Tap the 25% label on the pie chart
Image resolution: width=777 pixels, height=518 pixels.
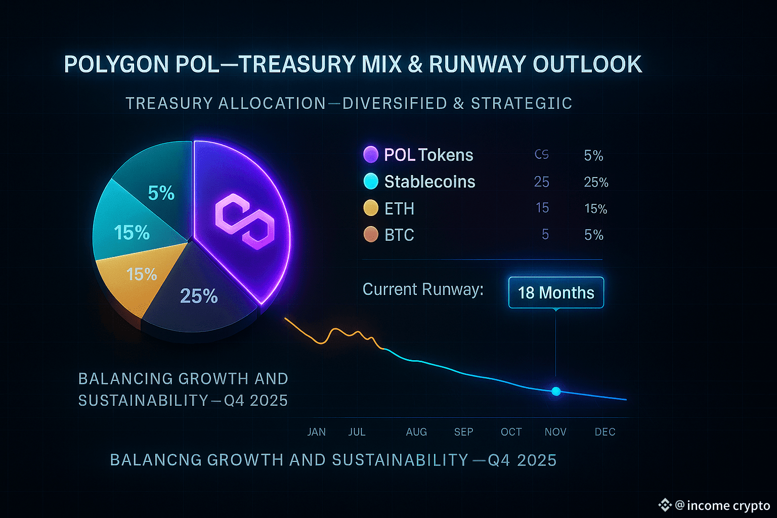[x=199, y=296]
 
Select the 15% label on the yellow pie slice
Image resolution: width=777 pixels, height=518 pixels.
[x=142, y=274]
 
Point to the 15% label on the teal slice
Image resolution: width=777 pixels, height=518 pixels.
[x=132, y=233]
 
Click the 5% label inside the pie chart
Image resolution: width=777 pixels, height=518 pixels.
[x=161, y=193]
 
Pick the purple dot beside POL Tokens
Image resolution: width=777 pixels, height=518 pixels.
[x=371, y=154]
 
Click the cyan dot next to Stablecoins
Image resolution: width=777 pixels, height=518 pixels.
[x=371, y=181]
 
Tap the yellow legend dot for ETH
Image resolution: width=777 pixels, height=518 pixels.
[x=371, y=208]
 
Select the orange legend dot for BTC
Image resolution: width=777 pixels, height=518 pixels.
[x=371, y=234]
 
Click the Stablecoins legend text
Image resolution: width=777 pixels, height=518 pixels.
[x=429, y=182]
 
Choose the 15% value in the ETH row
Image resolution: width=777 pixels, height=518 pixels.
[x=595, y=208]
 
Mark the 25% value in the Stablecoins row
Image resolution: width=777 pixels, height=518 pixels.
[x=596, y=182]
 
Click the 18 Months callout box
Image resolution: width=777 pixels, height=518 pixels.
[x=556, y=292]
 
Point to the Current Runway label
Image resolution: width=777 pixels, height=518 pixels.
[x=423, y=289]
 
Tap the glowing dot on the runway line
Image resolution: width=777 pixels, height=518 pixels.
[x=556, y=391]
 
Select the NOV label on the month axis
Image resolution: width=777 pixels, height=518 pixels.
[x=555, y=432]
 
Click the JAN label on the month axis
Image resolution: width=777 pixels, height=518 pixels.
[x=317, y=432]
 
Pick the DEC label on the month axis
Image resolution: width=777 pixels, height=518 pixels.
[x=605, y=432]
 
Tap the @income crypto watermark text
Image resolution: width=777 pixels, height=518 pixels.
[x=722, y=505]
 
